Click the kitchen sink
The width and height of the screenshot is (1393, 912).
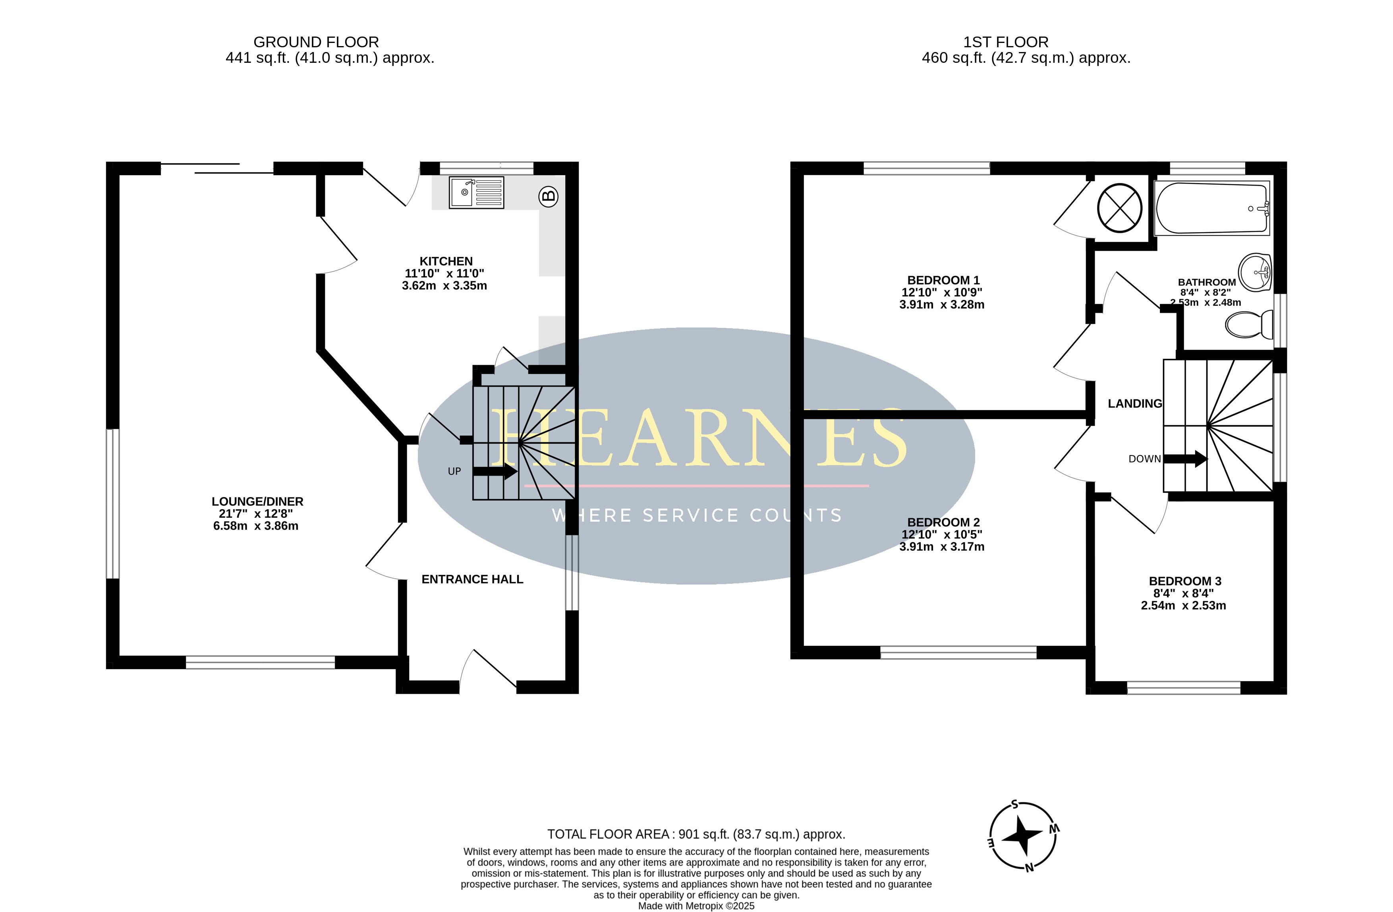[476, 192]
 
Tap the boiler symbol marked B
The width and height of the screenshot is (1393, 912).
[549, 196]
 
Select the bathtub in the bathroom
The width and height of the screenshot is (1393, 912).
[1211, 208]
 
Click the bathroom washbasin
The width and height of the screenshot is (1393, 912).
[1256, 272]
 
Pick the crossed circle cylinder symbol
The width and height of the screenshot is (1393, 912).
[1119, 208]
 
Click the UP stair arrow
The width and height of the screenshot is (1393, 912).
[495, 471]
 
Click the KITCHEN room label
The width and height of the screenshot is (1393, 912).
[446, 261]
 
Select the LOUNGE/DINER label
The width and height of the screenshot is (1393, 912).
[257, 502]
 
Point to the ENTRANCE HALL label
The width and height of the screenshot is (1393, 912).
[472, 579]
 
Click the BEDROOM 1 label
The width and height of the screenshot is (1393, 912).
[943, 280]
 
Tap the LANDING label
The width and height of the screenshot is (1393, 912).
[1135, 404]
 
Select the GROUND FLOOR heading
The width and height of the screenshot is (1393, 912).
[316, 42]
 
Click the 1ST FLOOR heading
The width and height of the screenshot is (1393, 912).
[1006, 42]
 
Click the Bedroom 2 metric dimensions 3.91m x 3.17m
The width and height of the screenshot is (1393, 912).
[942, 546]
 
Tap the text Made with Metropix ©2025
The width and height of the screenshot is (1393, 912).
[696, 906]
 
